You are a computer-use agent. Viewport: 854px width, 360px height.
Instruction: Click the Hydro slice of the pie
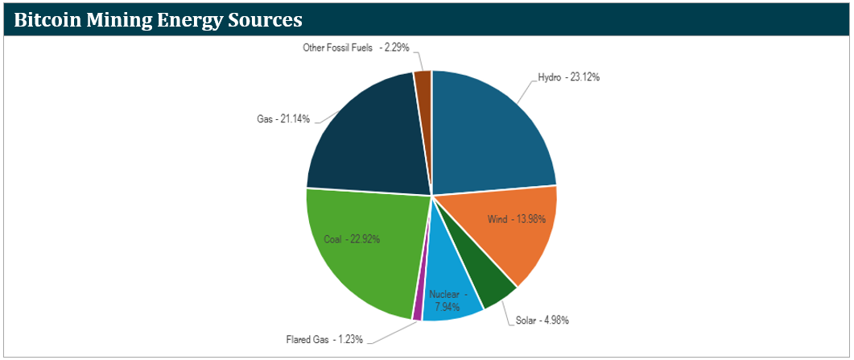[491, 133]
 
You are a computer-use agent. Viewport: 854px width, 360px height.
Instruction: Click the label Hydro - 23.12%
[568, 77]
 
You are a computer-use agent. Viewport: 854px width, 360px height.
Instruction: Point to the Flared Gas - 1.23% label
[320, 338]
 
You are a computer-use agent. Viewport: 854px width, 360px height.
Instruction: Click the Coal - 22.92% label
[352, 238]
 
